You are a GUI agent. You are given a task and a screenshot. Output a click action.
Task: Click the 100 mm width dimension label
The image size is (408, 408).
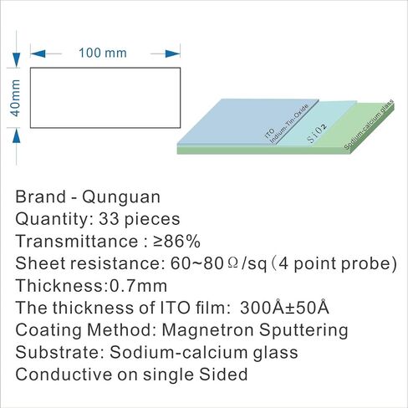[x=103, y=53]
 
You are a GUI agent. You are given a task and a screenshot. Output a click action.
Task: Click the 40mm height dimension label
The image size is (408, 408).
[x=15, y=98]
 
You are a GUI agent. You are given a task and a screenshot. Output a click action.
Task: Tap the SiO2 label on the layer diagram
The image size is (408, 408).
[x=317, y=134]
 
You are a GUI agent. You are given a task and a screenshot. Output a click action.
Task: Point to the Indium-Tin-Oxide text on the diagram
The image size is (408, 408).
[x=290, y=124]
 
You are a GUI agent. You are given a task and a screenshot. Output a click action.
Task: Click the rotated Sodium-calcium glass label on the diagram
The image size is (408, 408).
[x=369, y=125]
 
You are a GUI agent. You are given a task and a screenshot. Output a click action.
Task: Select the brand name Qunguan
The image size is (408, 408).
[x=121, y=197]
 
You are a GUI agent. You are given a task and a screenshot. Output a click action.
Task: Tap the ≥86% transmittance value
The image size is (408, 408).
[x=176, y=241]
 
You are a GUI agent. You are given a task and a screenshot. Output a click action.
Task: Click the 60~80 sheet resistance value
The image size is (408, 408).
[x=196, y=263]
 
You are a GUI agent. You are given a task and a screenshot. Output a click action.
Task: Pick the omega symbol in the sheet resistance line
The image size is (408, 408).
[x=232, y=263]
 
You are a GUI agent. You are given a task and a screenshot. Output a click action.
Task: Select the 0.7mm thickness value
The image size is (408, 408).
[x=139, y=286]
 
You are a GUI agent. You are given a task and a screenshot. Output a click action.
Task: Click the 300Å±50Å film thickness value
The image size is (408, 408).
[x=284, y=307]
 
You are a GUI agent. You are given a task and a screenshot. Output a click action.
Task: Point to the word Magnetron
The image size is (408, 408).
[x=207, y=330]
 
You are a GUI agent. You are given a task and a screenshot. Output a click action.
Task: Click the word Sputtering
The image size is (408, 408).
[x=303, y=331]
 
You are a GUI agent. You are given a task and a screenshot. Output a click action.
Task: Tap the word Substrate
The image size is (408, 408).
[x=60, y=352]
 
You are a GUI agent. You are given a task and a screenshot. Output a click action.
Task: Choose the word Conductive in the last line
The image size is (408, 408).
[x=64, y=375]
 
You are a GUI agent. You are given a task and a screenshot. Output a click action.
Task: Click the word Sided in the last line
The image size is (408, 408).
[x=223, y=375]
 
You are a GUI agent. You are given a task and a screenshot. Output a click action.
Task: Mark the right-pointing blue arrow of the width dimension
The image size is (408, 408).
[x=172, y=54]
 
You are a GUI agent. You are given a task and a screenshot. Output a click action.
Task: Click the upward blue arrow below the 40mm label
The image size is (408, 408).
[x=17, y=135]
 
